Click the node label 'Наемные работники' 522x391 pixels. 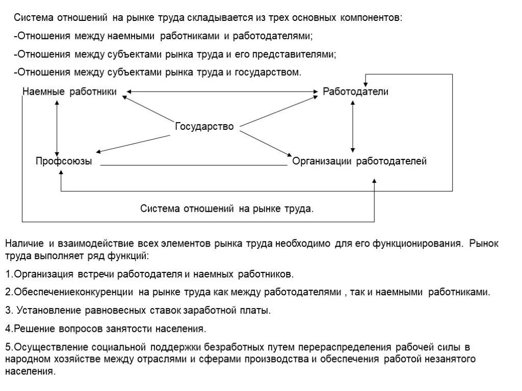pyautogui.click(x=70, y=92)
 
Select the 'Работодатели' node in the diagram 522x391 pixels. pyautogui.click(x=356, y=92)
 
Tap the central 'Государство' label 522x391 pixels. pyautogui.click(x=204, y=126)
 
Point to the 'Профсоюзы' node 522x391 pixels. pyautogui.click(x=64, y=161)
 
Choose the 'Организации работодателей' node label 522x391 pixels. pyautogui.click(x=359, y=161)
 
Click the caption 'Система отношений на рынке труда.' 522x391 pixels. pyautogui.click(x=227, y=209)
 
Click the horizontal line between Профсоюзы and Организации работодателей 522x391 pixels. pyautogui.click(x=194, y=165)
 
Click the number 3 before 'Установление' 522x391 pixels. pyautogui.click(x=8, y=310)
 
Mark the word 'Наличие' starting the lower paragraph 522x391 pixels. pyautogui.click(x=24, y=243)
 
